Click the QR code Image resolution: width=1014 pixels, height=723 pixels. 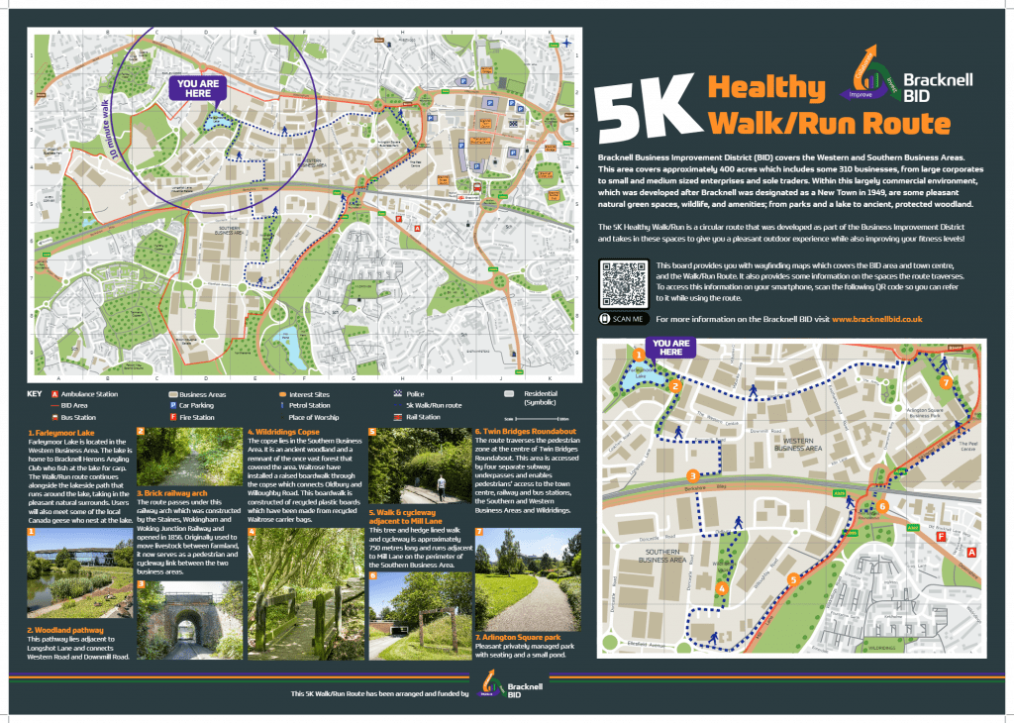coord(623,283)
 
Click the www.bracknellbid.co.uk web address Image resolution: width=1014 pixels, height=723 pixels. coord(876,319)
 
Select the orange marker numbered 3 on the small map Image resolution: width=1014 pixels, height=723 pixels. coord(693,475)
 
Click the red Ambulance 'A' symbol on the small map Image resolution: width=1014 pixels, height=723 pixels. coord(971,551)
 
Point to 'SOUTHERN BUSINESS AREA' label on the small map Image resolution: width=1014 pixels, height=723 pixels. coord(665,555)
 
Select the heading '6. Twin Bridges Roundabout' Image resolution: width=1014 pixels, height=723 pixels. coord(525,433)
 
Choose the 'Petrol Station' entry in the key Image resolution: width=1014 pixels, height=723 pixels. coord(309,405)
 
